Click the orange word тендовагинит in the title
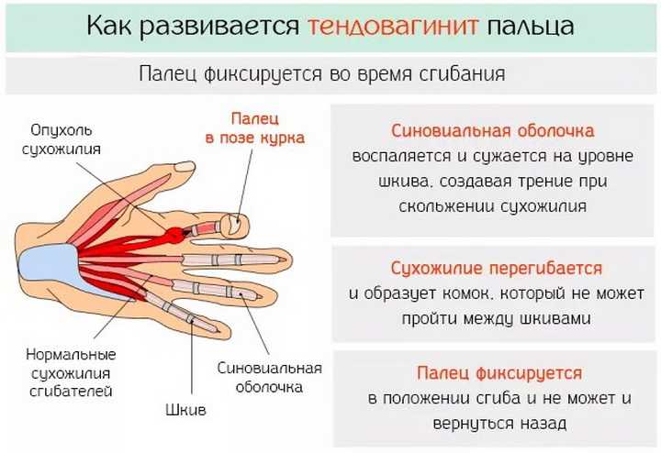393,26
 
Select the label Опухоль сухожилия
62,139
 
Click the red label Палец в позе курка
254,128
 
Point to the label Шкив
185,410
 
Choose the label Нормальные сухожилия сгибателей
71,372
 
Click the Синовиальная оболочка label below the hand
269,377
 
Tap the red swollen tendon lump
174,236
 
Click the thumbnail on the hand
185,167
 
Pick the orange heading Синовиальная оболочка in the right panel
492,131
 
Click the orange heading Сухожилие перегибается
496,269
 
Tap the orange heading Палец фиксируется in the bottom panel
499,373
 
